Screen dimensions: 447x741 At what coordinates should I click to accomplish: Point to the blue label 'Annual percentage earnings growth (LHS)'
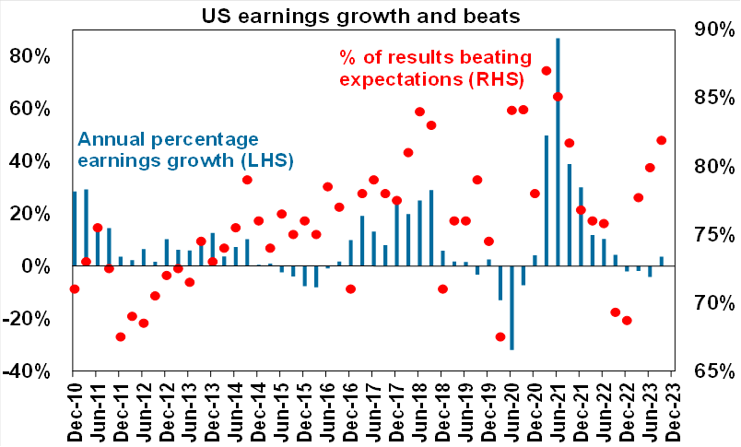pyautogui.click(x=184, y=149)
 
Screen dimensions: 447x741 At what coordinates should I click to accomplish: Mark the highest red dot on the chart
pyautogui.click(x=547, y=71)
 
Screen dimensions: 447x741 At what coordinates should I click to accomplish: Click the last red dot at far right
pyautogui.click(x=661, y=140)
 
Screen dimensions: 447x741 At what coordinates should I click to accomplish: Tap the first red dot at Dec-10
pyautogui.click(x=75, y=289)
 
